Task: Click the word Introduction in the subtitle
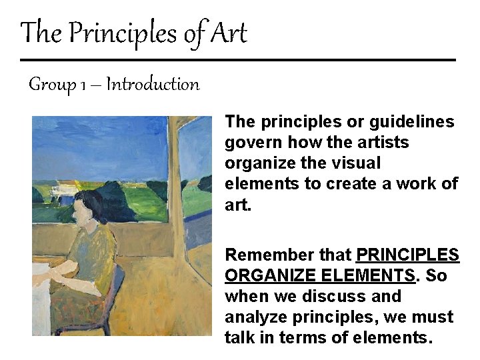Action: (153, 85)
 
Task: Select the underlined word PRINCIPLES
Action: (408, 255)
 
